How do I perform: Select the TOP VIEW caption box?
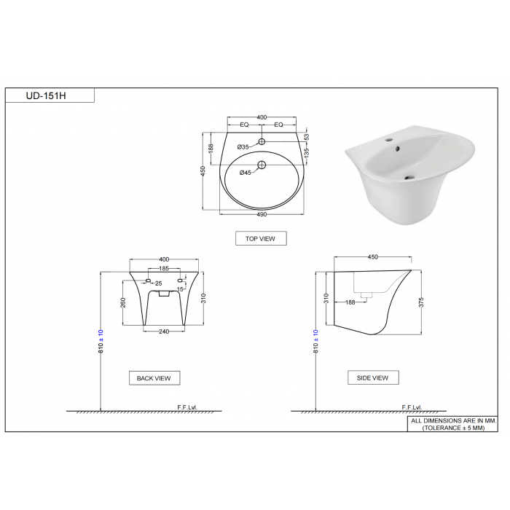260,238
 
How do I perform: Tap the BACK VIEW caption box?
154,378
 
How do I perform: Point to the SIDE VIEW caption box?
373,377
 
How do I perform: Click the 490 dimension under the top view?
262,214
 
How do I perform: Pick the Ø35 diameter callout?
244,147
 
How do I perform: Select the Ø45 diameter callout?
246,172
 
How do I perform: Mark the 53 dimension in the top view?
307,137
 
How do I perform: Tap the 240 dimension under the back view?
165,331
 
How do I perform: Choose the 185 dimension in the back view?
164,270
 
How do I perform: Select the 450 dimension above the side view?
373,257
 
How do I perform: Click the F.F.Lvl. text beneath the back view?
188,407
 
